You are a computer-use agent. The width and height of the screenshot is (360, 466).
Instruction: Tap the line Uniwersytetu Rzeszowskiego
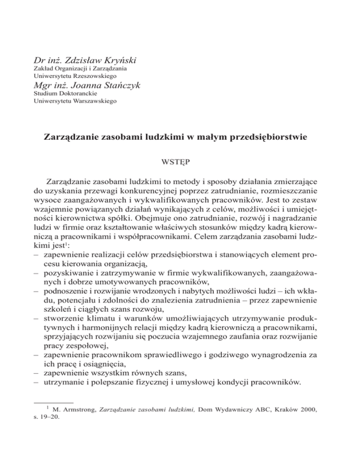[75, 75]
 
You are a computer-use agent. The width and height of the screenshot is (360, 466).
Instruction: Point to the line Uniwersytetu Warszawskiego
[75, 100]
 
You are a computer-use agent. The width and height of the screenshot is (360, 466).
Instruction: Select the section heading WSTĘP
[180, 164]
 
